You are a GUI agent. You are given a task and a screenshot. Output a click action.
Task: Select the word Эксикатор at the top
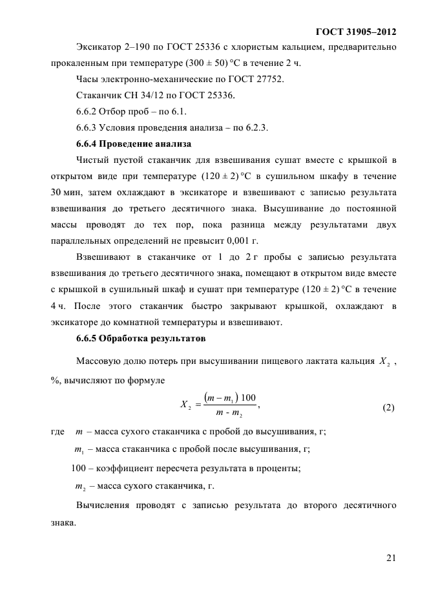pyautogui.click(x=98, y=48)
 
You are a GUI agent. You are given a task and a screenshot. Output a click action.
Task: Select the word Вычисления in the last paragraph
pyautogui.click(x=106, y=505)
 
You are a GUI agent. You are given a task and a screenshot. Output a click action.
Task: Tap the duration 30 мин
pyautogui.click(x=67, y=192)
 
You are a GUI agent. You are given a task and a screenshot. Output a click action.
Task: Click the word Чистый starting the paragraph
pyautogui.click(x=93, y=160)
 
